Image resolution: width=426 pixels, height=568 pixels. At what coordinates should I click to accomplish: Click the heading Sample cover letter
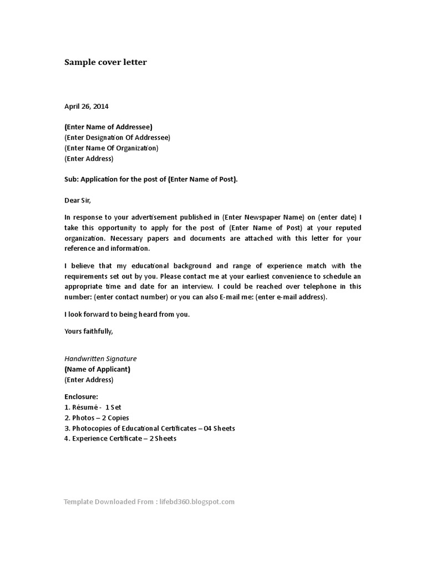pos(105,62)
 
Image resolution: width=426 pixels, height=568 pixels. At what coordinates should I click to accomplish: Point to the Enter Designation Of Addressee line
pos(117,138)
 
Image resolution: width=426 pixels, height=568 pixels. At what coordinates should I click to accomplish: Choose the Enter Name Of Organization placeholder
pos(111,148)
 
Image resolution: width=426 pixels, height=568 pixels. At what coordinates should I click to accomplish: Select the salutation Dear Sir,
pos(77,200)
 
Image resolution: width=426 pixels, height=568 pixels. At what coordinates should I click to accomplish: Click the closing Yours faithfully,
pos(89,331)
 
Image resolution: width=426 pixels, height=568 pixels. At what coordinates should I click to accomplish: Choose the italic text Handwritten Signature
pos(100,359)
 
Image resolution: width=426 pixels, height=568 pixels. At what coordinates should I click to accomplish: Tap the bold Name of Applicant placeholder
pos(98,369)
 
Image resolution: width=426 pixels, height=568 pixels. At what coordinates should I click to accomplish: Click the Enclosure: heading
pos(81,397)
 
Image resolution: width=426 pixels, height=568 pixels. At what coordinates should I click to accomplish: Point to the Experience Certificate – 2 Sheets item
pos(120,439)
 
